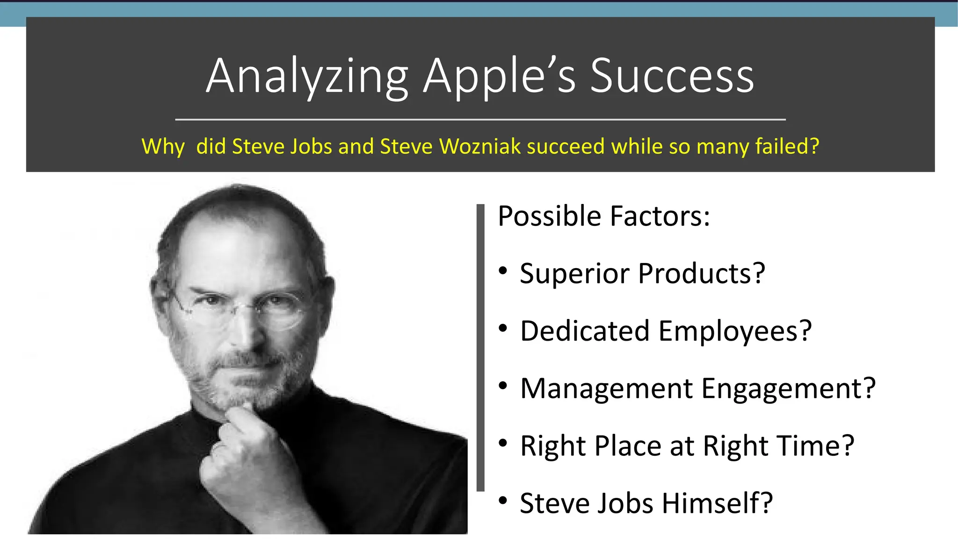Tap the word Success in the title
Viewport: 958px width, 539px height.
(x=672, y=76)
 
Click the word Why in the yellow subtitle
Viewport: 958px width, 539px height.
(x=163, y=147)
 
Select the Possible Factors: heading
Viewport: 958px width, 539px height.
(x=603, y=216)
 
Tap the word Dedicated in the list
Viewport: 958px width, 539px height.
(x=585, y=331)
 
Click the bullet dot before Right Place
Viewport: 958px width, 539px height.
(x=503, y=443)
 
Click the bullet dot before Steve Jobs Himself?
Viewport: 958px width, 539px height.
(x=503, y=500)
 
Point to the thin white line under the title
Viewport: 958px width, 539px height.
(x=480, y=120)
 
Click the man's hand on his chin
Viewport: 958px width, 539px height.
(x=239, y=449)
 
